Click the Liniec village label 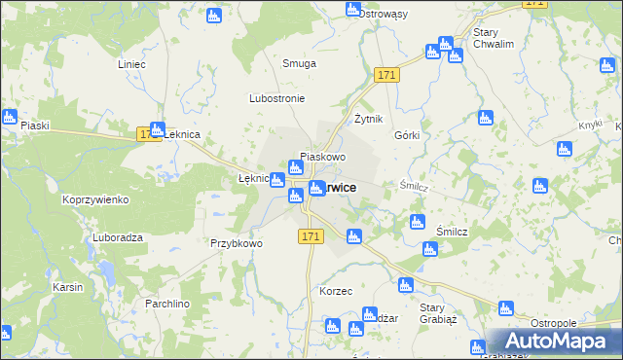point(131,64)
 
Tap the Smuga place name point(300,63)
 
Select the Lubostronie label point(277,99)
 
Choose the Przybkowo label point(237,243)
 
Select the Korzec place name point(335,291)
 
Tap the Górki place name point(407,135)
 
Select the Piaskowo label point(323,156)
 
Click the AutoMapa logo point(554,341)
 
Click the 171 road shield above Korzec point(311,236)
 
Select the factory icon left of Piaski point(10,118)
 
